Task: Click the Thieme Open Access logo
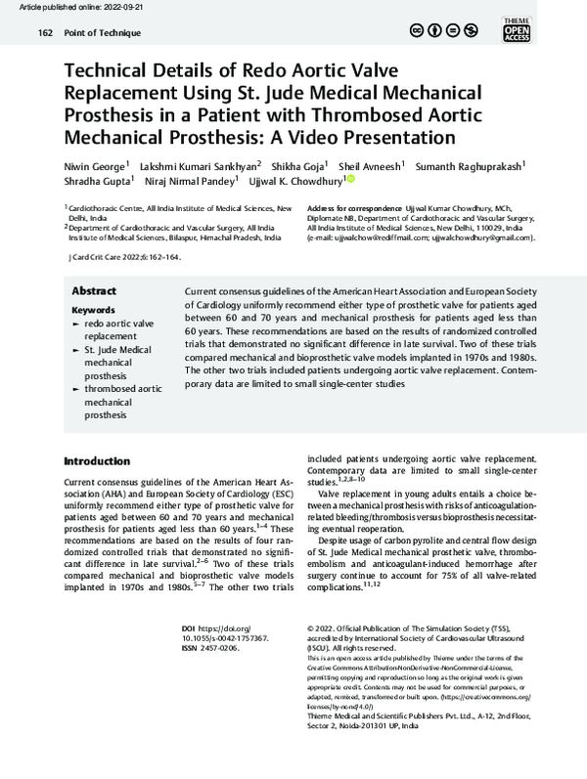(x=543, y=28)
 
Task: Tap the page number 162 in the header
(x=45, y=33)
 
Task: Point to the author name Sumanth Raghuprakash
(x=470, y=165)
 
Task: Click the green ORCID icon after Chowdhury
(x=351, y=180)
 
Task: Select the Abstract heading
(x=94, y=291)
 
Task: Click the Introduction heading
(x=96, y=461)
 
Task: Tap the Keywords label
(x=94, y=309)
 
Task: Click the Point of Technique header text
(x=104, y=33)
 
